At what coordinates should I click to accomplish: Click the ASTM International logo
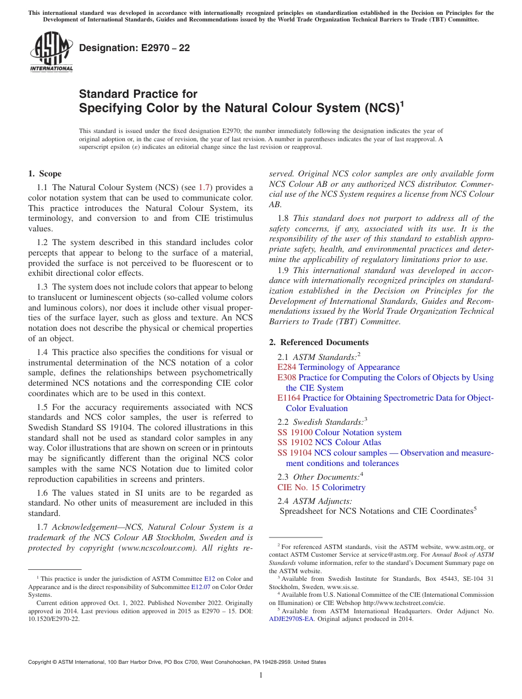[51, 52]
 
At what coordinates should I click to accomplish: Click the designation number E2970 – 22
[135, 48]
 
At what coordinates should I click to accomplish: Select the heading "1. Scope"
[45, 174]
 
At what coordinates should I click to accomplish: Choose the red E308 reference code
[287, 378]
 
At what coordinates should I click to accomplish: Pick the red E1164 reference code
[289, 398]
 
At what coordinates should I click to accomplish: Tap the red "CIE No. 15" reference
[298, 487]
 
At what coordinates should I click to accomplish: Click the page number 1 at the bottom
[261, 675]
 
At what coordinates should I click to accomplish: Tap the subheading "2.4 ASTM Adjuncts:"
[315, 501]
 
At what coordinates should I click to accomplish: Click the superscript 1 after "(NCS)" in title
[401, 103]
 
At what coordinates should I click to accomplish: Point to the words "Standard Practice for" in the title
[138, 94]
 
